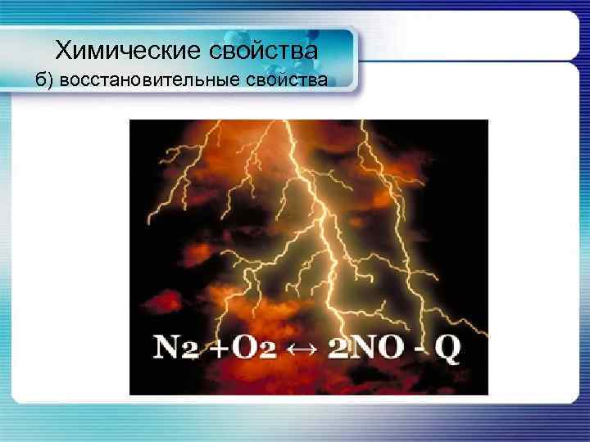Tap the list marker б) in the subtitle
44,80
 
